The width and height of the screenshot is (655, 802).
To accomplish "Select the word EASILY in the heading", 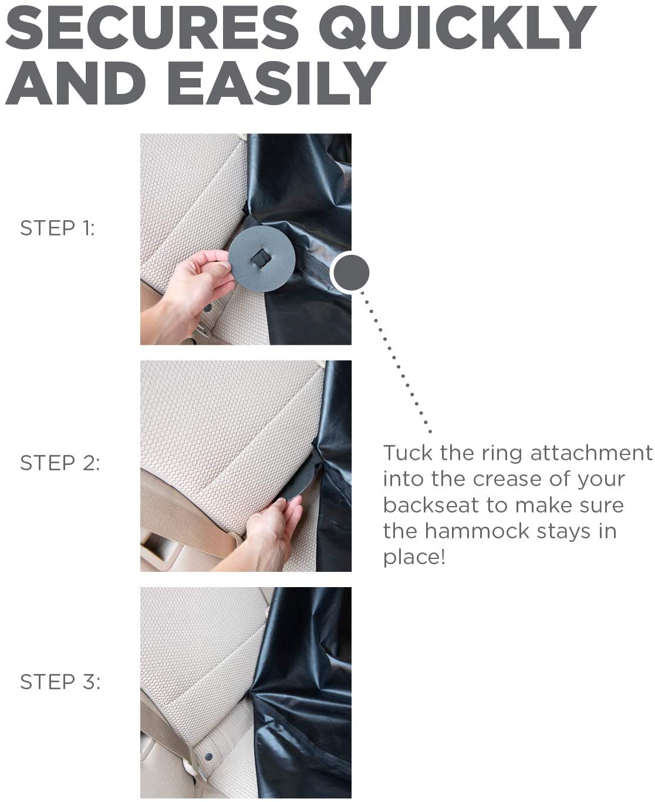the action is (276, 83).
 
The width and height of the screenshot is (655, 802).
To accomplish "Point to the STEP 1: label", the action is (57, 228).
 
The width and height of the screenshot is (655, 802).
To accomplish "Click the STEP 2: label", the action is (60, 463).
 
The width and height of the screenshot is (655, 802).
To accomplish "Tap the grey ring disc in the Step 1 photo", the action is (262, 258).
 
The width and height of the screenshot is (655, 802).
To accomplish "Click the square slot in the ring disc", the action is (261, 258).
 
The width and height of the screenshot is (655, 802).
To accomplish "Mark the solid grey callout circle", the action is (350, 272).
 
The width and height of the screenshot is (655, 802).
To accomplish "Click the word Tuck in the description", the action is (408, 453).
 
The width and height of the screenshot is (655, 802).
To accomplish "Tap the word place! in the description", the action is (414, 558).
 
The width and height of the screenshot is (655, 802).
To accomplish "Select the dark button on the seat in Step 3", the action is (208, 757).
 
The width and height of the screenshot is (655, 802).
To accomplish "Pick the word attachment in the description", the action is (591, 453).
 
